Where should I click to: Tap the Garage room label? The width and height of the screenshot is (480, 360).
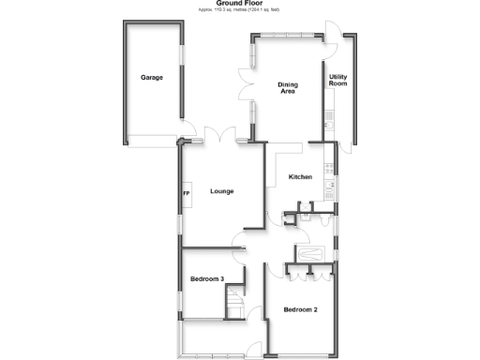coord(152,78)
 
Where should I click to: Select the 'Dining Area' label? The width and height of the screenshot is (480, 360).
coord(288,88)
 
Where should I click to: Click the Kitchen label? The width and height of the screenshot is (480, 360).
coord(300,177)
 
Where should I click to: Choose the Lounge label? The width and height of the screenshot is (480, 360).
coord(222,192)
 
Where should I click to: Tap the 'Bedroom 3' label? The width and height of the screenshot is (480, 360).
coord(206,279)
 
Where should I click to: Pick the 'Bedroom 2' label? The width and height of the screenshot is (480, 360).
coord(302,309)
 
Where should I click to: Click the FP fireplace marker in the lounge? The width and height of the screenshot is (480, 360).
coord(187,194)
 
